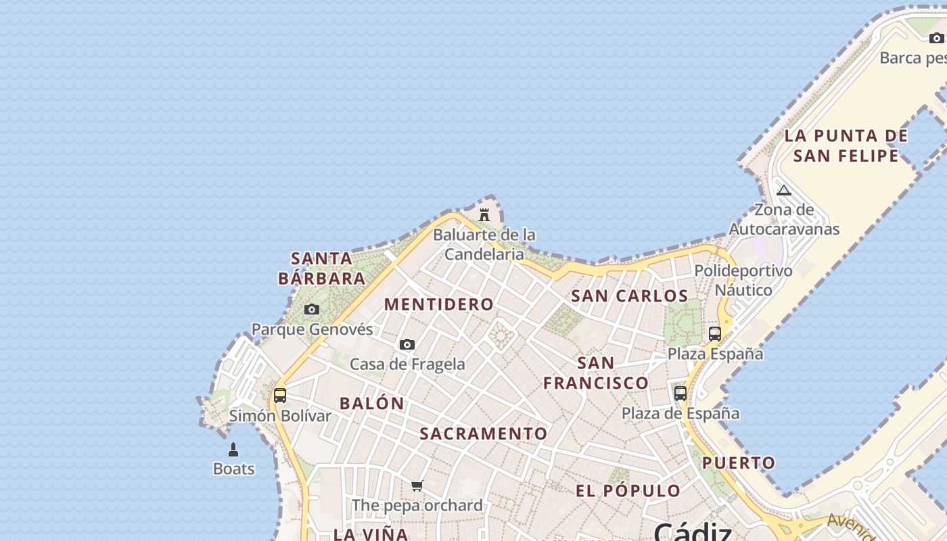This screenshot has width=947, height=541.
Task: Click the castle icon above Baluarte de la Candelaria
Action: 484,215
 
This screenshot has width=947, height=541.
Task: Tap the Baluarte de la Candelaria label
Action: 484,244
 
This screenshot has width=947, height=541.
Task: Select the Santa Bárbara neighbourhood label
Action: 322,268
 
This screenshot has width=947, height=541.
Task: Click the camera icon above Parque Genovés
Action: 312,310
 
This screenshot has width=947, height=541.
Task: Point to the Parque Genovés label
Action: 312,329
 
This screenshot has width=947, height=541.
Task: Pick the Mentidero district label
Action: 439,304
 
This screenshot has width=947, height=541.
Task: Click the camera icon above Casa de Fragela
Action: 407,345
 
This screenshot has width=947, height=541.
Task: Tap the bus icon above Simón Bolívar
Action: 280,396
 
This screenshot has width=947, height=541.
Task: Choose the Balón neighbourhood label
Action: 372,404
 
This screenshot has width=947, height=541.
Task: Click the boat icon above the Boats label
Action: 233,450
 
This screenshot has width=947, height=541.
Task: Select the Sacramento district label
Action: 484,433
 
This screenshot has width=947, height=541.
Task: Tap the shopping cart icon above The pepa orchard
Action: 417,486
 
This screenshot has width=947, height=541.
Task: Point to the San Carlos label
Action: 630,296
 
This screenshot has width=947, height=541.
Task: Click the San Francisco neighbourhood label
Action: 596,373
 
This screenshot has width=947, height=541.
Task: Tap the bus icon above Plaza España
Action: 715,333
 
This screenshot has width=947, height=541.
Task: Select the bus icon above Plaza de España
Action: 680,393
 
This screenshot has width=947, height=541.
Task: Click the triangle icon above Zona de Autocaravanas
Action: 784,190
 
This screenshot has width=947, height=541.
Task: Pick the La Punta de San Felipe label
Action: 846,145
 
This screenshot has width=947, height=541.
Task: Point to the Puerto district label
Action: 739,463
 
